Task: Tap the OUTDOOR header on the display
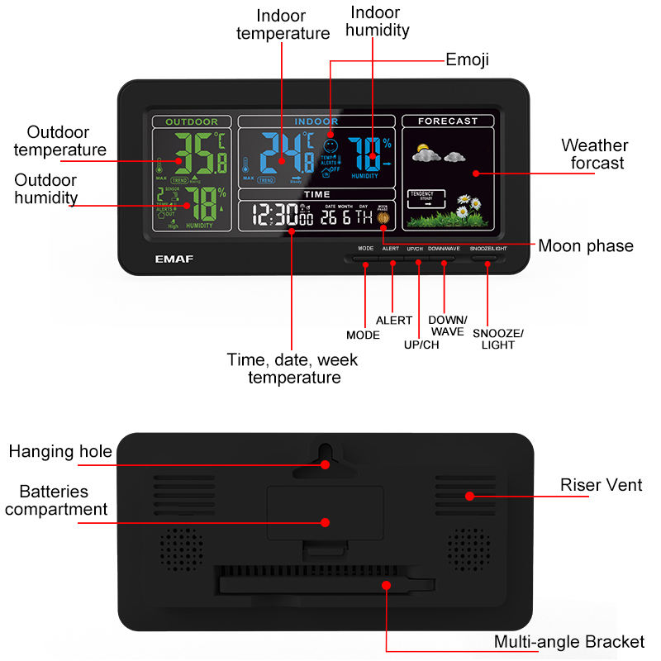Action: [192, 121]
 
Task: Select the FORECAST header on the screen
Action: [447, 121]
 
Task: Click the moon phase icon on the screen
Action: [383, 219]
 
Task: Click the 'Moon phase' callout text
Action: [585, 245]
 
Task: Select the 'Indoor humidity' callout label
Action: [377, 21]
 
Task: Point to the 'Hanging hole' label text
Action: [60, 451]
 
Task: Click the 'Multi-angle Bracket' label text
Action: [569, 642]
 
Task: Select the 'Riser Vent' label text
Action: [601, 485]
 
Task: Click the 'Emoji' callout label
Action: [467, 59]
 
